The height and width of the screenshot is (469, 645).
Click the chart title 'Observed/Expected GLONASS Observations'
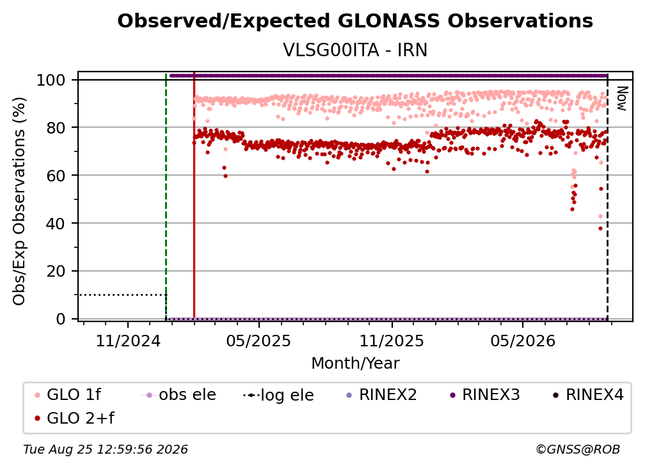tap(355, 21)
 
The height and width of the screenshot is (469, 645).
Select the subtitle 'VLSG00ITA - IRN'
tap(355, 50)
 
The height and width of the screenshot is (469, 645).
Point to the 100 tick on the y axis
tap(51, 80)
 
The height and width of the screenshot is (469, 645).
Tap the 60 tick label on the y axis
tap(56, 176)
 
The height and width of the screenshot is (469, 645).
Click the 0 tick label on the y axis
tap(61, 319)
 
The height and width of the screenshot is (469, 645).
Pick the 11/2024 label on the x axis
tap(128, 341)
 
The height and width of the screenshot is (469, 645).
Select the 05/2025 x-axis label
tap(259, 341)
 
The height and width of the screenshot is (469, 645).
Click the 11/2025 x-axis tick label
tap(392, 341)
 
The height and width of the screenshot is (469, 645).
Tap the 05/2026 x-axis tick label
tap(523, 341)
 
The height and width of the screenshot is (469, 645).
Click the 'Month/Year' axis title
tap(355, 364)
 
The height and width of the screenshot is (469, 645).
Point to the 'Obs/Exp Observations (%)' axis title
tap(19, 201)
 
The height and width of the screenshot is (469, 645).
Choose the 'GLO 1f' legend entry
tap(67, 395)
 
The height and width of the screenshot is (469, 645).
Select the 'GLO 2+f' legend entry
tap(74, 419)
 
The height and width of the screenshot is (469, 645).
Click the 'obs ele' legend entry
tap(179, 395)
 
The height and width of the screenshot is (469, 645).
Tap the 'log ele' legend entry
tap(278, 396)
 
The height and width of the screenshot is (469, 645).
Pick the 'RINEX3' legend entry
tap(485, 395)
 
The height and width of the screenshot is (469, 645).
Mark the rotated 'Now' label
tap(621, 98)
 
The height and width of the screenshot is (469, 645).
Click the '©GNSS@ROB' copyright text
tap(578, 450)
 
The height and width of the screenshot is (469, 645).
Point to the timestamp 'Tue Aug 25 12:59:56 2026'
tap(106, 450)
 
